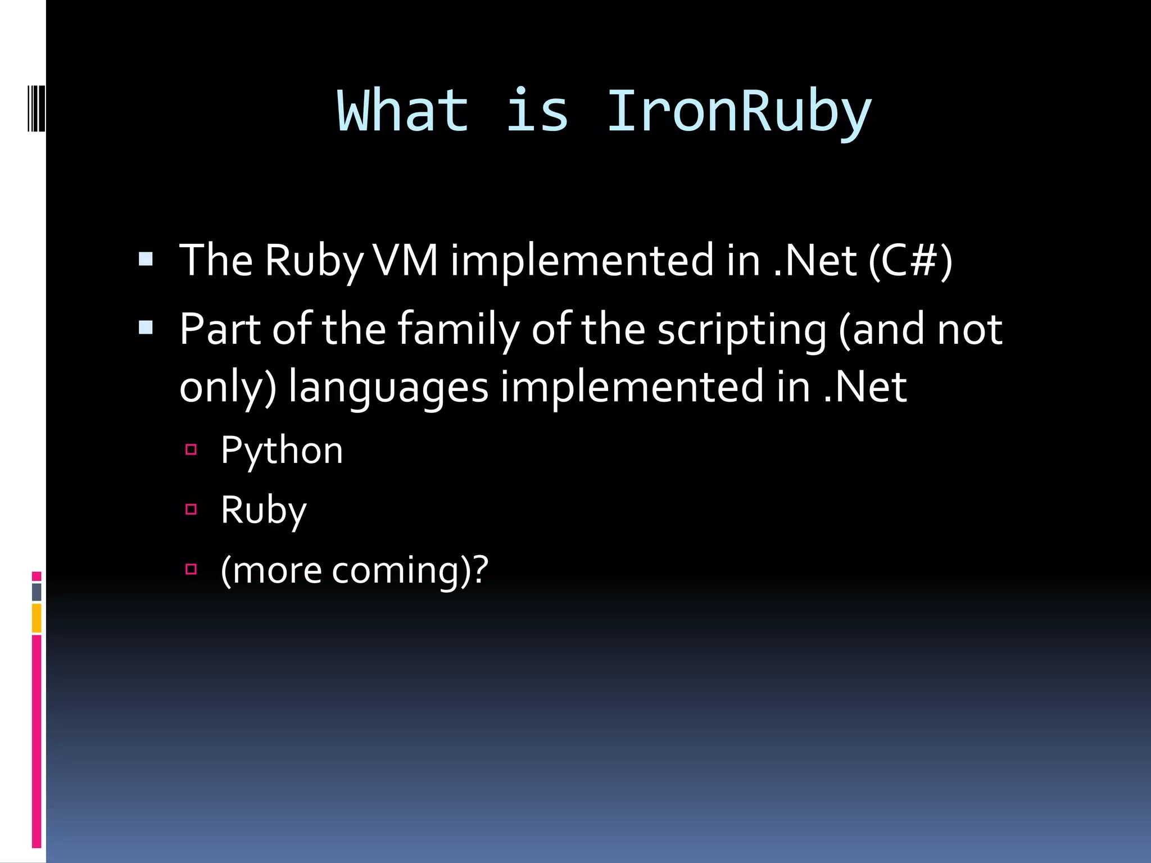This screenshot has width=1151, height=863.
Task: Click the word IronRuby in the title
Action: [738, 112]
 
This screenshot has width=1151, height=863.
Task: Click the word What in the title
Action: [402, 112]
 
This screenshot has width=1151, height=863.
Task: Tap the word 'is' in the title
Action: [537, 112]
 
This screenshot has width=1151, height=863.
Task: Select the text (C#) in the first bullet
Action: [910, 261]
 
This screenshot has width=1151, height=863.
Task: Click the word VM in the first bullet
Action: [406, 261]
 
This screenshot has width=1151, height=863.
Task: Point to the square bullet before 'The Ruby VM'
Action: [146, 259]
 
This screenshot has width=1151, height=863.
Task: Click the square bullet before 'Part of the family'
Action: [146, 328]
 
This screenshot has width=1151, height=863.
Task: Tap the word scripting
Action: [742, 330]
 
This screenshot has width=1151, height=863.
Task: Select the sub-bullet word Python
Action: [282, 451]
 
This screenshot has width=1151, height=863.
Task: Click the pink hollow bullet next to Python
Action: [191, 449]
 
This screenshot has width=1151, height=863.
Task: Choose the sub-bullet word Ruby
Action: [263, 511]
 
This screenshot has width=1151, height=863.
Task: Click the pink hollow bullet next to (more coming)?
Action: [191, 569]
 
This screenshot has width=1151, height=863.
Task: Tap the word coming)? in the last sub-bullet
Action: [410, 571]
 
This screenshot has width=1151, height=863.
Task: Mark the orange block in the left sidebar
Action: [37, 617]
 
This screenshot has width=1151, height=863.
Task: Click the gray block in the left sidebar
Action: [37, 592]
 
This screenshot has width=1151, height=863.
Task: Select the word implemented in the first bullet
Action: [582, 261]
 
